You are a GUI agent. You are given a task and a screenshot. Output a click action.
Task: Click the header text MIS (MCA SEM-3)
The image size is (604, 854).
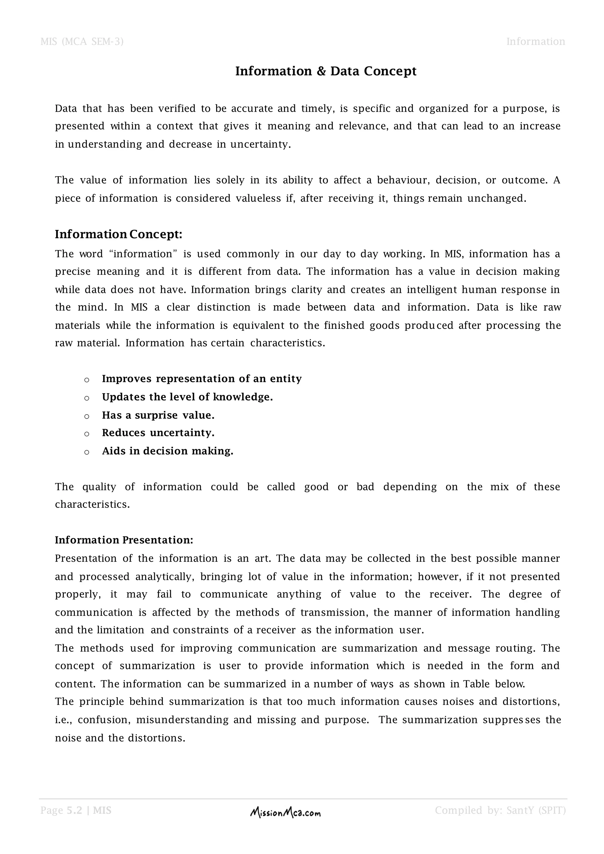click(82, 41)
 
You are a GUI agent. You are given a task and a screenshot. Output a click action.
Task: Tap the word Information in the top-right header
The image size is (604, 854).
click(536, 41)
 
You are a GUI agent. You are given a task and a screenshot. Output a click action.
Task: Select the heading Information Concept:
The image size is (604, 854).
click(119, 234)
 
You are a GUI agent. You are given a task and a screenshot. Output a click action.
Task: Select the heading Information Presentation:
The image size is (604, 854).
click(124, 540)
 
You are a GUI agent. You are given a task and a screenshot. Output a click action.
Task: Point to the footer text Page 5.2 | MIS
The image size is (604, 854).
click(76, 810)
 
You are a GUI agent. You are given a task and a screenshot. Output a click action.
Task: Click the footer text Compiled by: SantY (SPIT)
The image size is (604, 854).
click(500, 810)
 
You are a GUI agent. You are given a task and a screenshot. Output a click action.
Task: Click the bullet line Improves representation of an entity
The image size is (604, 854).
click(202, 379)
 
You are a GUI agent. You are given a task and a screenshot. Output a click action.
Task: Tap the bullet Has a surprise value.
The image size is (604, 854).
click(158, 415)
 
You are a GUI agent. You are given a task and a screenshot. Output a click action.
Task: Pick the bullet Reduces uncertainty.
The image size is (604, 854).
click(158, 433)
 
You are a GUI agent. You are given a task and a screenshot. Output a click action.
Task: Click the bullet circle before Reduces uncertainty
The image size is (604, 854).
click(87, 434)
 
